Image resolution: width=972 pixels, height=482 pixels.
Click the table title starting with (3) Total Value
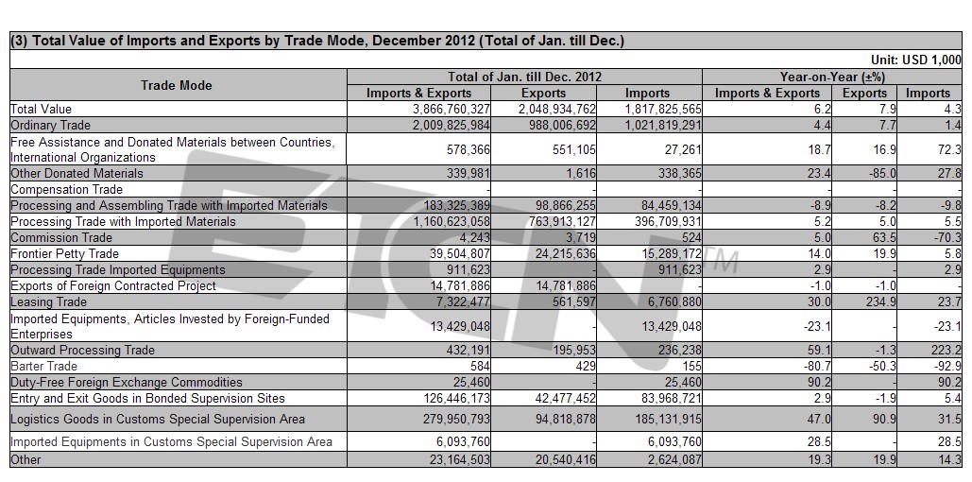317,41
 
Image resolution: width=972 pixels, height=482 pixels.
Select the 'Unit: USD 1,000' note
916,60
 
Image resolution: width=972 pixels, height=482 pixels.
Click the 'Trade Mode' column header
176,85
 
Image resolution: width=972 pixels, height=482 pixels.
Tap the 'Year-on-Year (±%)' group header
832,77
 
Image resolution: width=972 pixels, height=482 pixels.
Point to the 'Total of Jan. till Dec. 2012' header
525,77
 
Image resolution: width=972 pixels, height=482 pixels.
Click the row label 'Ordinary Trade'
50,126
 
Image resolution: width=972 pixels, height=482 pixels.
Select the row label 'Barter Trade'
44,366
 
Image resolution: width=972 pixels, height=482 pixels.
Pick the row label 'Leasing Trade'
48,302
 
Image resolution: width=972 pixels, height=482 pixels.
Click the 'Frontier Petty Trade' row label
64,253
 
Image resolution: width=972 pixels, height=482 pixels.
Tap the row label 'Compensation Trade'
66,189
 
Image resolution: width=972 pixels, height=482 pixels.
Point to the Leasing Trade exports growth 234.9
881,302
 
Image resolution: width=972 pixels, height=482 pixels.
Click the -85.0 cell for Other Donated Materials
881,173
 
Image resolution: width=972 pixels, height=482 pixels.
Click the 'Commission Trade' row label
61,237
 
